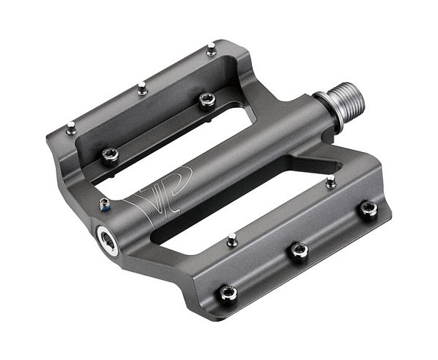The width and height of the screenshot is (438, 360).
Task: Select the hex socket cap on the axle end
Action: coord(108,240)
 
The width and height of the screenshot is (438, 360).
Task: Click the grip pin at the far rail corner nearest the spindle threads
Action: coord(211,48)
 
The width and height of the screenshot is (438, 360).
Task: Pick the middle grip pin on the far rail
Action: coord(142,87)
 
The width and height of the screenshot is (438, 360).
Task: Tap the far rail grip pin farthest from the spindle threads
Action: coord(71,128)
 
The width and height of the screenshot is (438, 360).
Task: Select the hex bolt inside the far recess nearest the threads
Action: coord(207,99)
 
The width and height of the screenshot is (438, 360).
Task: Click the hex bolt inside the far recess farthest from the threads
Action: coord(110,154)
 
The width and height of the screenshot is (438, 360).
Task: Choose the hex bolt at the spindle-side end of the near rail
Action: coord(367,209)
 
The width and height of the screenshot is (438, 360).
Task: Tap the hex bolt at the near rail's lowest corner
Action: coord(229,293)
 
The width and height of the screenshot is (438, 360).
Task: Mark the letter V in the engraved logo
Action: coord(143,198)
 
